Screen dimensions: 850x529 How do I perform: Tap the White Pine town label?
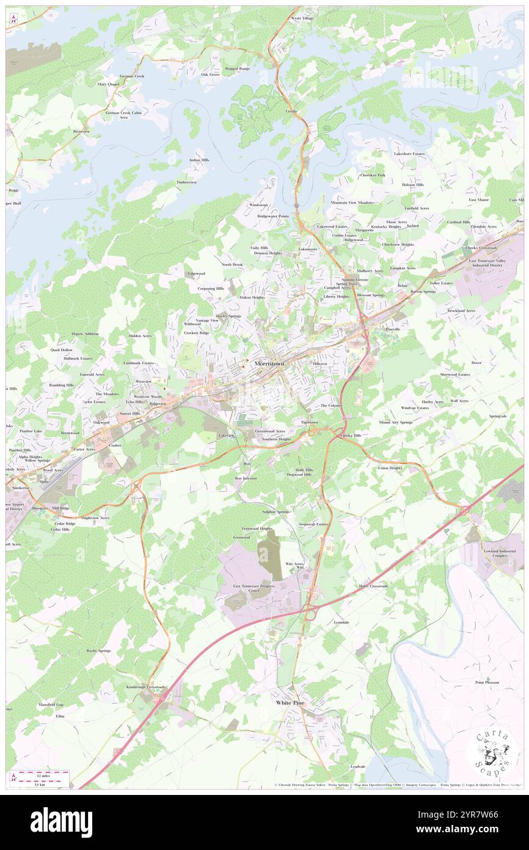pos(291,703)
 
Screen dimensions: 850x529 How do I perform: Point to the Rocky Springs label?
pos(99,651)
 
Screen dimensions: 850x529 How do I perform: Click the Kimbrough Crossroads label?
pos(146,687)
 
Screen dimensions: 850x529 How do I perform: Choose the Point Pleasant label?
pos(487,682)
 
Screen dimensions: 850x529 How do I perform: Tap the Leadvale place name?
pos(358,766)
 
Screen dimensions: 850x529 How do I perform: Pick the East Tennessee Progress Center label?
pos(255,588)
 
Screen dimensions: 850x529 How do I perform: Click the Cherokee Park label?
pos(373,175)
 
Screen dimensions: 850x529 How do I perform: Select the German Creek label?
pos(132,76)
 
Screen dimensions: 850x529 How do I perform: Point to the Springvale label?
pos(498,416)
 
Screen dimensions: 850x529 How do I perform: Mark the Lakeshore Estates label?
pos(409,153)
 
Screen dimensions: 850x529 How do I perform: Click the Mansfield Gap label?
pos(51,705)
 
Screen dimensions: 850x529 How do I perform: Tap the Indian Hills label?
pos(199,160)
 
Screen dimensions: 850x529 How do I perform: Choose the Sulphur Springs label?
pos(275,511)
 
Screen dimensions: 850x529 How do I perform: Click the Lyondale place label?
pos(341,622)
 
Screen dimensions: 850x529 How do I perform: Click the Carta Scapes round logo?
pos(492,753)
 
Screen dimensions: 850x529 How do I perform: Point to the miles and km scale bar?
pos(40,777)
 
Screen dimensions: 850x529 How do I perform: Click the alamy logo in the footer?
pos(62,822)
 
